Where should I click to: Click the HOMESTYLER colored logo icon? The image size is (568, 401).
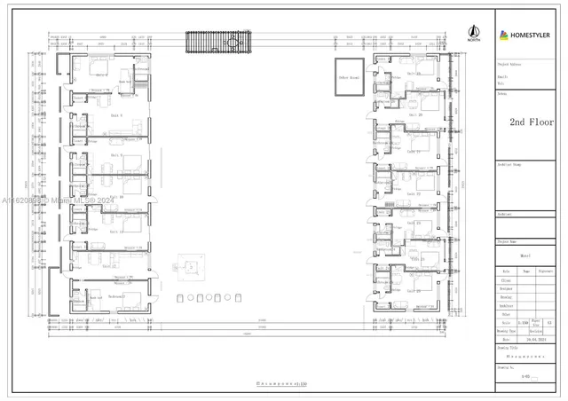(505, 35)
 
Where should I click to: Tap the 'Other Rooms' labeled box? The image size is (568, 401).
(348, 77)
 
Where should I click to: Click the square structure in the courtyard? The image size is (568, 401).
(190, 266)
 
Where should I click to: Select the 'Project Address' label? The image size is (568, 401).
(509, 64)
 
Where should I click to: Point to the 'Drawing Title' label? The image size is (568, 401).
(508, 349)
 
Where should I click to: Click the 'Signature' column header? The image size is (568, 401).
(547, 271)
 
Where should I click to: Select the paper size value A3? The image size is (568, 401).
(550, 323)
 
